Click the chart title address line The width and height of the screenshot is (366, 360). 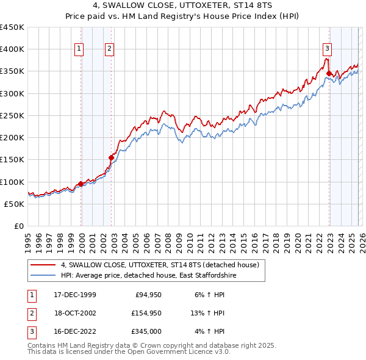pyautogui.click(x=182, y=5)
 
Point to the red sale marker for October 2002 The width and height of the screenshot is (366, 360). pyautogui.click(x=112, y=157)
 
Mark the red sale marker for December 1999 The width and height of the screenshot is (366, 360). pyautogui.click(x=81, y=184)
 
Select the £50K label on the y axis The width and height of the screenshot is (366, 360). pyautogui.click(x=14, y=204)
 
